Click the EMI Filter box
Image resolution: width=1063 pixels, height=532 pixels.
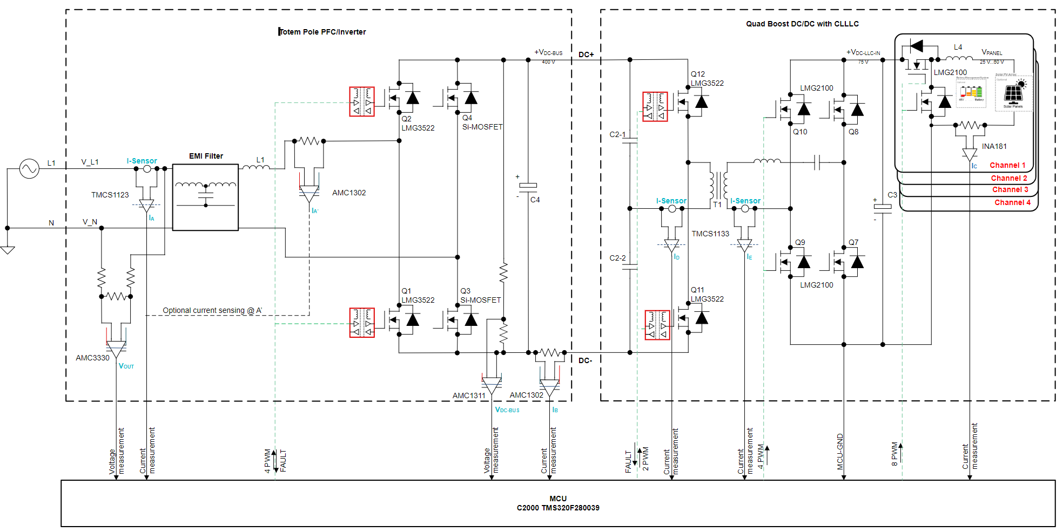click(205, 197)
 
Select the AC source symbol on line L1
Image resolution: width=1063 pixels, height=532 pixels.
click(29, 169)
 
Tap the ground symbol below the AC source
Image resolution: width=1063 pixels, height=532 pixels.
click(8, 250)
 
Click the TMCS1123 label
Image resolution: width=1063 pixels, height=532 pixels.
click(110, 195)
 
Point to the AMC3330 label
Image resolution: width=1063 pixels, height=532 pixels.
click(92, 358)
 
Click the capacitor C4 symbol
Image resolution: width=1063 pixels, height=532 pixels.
click(528, 186)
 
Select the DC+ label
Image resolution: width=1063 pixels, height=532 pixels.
click(586, 54)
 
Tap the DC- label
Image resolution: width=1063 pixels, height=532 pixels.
click(585, 360)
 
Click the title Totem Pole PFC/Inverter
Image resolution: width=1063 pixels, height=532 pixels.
click(322, 32)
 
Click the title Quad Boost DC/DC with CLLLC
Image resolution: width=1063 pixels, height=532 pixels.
click(802, 24)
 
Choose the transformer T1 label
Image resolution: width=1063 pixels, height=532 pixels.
click(717, 204)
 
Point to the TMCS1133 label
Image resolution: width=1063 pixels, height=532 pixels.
click(710, 234)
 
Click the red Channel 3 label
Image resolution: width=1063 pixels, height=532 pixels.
click(1010, 189)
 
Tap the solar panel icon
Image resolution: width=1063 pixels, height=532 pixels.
click(1013, 93)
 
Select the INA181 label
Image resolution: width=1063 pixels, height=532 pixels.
click(994, 146)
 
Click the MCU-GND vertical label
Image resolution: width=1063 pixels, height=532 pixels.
click(840, 452)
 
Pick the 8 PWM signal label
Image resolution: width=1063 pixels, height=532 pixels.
click(894, 454)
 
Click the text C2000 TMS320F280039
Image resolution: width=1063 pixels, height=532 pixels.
click(558, 508)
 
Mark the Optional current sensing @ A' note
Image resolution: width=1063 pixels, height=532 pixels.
click(212, 310)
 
